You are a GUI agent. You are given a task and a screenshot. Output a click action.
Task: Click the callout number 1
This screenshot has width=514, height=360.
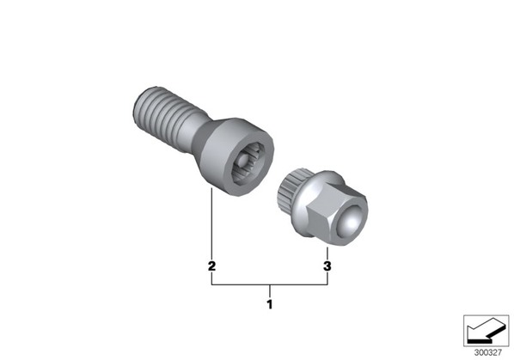click(x=269, y=304)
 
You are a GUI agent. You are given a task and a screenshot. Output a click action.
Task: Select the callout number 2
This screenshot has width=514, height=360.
click(x=211, y=266)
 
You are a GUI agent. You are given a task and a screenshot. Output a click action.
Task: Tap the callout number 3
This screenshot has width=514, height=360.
click(x=327, y=266)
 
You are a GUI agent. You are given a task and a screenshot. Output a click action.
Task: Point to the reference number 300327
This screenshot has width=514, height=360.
click(x=487, y=353)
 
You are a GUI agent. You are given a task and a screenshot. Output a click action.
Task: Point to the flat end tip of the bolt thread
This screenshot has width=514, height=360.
click(x=138, y=106)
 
